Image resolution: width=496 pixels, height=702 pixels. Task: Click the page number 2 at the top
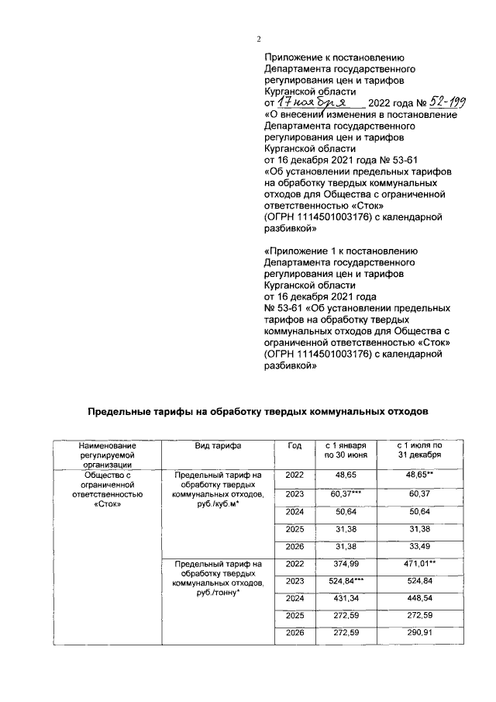[259, 40]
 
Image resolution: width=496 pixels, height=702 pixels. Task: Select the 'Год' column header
[294, 446]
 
